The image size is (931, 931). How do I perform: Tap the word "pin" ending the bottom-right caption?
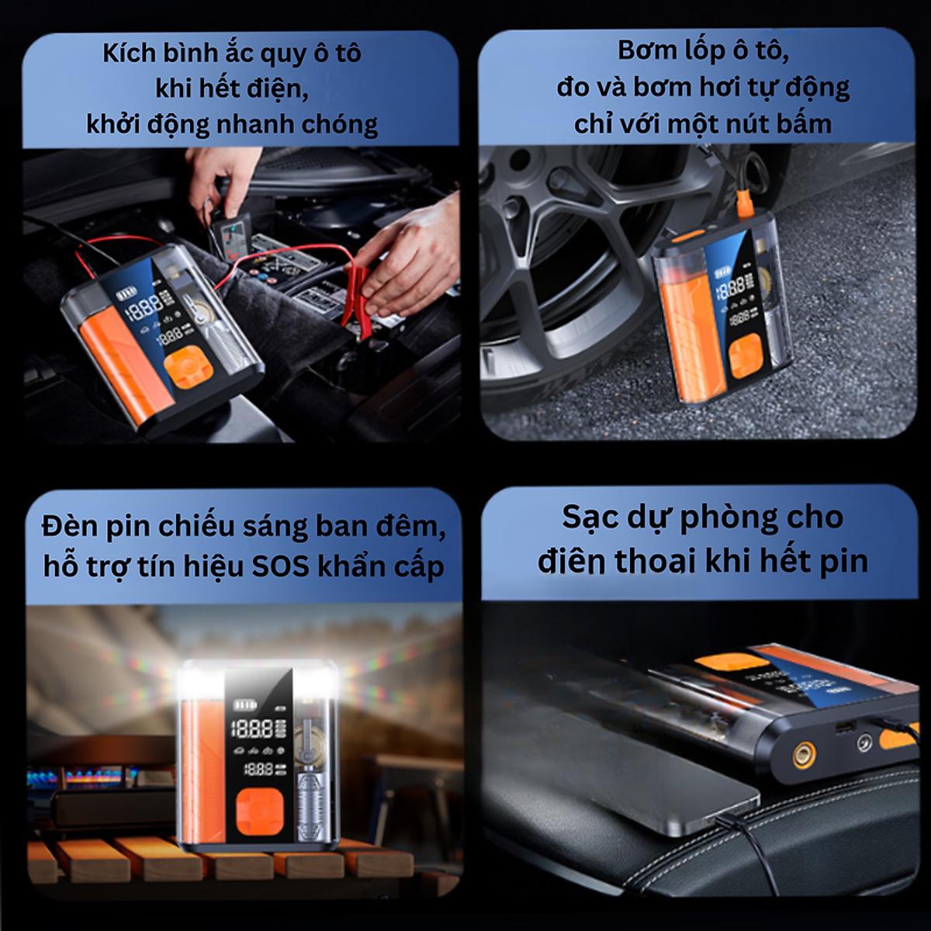coord(841,560)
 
